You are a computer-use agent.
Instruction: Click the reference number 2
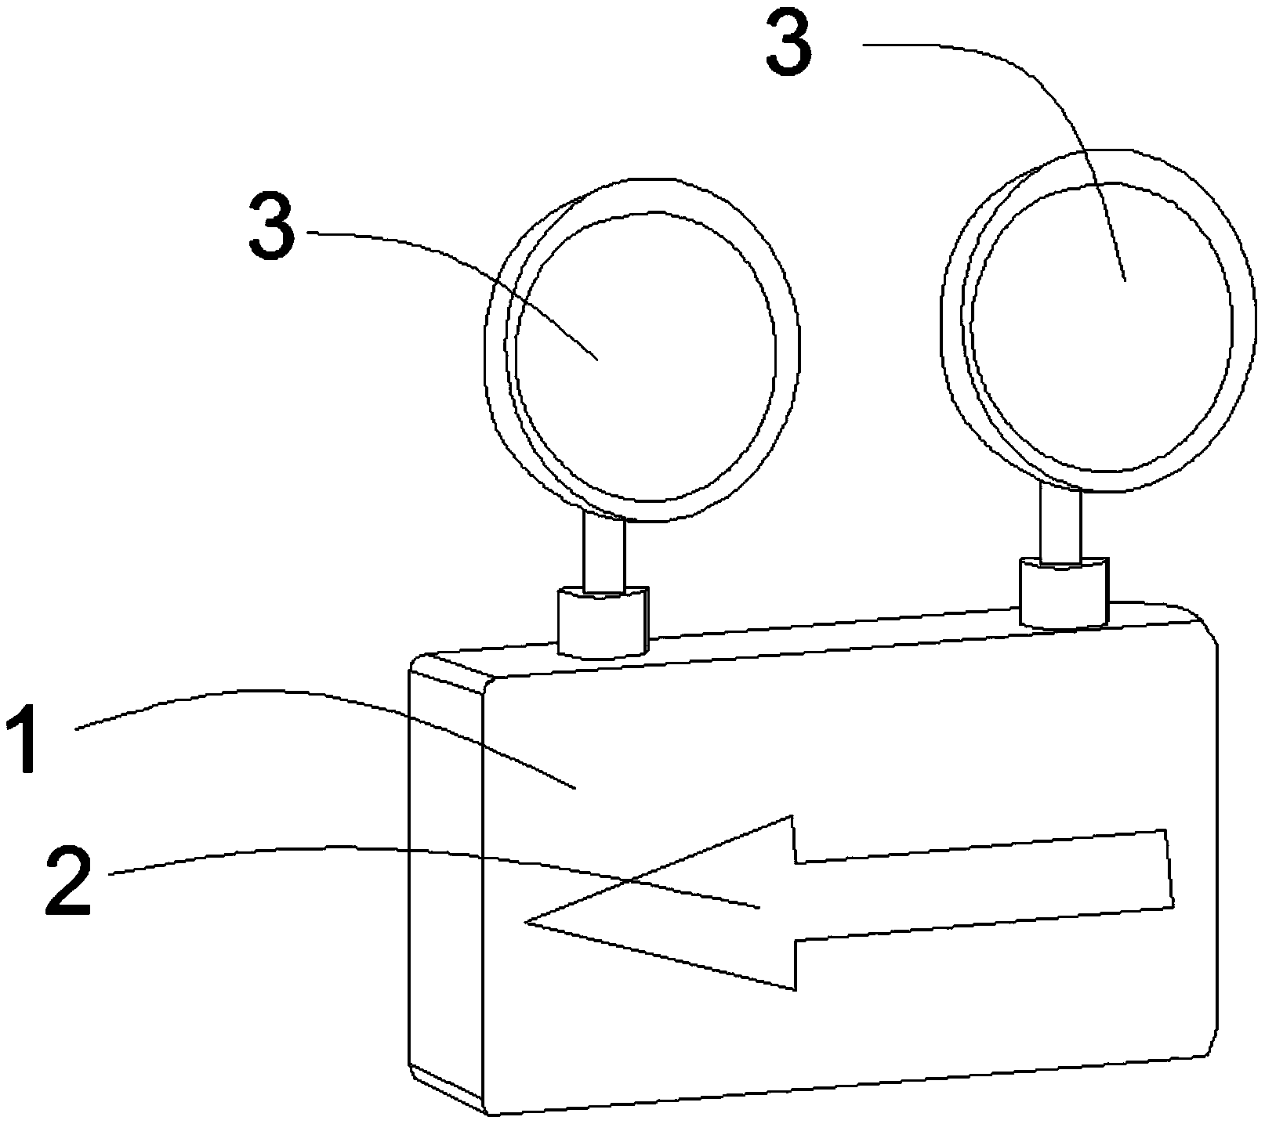[69, 884]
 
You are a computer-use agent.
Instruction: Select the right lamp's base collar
[1064, 591]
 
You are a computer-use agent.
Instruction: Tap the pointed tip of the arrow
[527, 923]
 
